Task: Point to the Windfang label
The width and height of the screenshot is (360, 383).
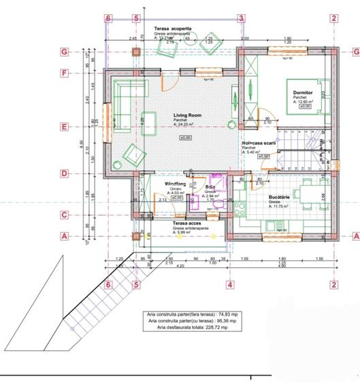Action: (x=176, y=184)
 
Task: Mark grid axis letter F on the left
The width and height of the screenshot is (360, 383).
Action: (x=63, y=73)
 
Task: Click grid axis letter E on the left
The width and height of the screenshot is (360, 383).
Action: (x=63, y=127)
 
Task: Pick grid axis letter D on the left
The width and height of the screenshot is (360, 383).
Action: (x=63, y=173)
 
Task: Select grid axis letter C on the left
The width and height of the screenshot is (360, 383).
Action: (x=63, y=215)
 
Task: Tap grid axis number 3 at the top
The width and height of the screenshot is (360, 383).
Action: (x=240, y=19)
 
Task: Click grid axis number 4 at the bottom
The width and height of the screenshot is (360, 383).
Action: (x=230, y=284)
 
